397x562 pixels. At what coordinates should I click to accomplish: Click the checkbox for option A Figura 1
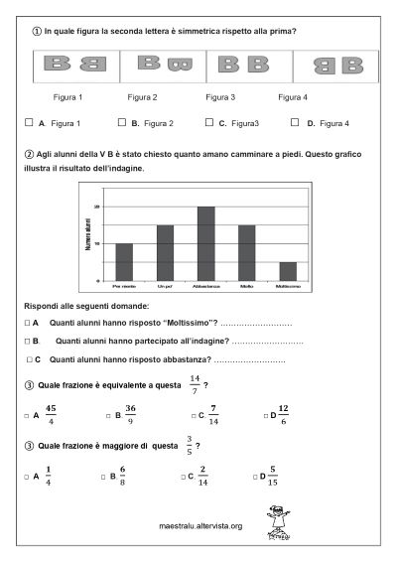click(x=29, y=123)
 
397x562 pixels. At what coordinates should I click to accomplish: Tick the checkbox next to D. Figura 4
click(x=297, y=123)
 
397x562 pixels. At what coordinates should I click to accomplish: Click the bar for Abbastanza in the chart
click(x=206, y=243)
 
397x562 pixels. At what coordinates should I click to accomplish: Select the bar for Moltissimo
click(x=288, y=270)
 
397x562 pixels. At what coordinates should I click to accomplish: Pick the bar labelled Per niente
click(x=124, y=261)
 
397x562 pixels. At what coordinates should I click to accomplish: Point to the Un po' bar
click(x=165, y=252)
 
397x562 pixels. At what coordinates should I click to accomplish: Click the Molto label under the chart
click(x=246, y=286)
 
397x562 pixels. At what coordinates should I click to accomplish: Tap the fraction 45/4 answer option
click(x=52, y=413)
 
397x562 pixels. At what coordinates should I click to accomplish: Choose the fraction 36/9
click(x=130, y=413)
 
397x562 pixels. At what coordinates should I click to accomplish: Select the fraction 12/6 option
click(x=283, y=413)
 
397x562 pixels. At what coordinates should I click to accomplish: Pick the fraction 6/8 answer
click(x=123, y=476)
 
